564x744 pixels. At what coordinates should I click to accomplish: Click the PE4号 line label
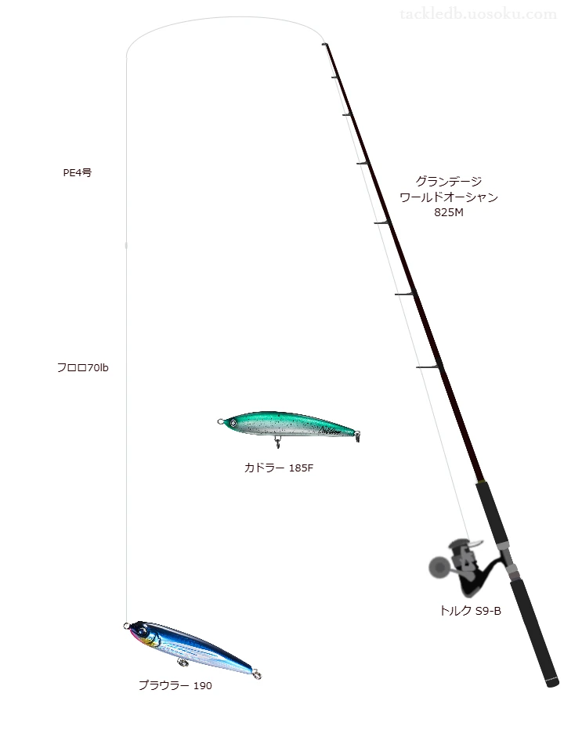coord(78,173)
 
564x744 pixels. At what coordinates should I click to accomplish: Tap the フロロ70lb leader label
coord(82,367)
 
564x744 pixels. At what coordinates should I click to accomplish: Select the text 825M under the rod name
coord(449,212)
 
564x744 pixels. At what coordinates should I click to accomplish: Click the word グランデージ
coord(449,181)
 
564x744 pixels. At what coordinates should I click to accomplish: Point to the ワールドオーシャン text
coord(449,197)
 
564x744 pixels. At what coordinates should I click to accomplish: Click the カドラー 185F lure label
coord(279,468)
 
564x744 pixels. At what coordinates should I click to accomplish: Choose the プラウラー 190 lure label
coord(175,685)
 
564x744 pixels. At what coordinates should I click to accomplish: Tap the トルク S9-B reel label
coord(470,611)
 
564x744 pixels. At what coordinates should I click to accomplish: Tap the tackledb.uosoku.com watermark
coord(478,14)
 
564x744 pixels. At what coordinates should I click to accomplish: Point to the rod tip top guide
coord(325,44)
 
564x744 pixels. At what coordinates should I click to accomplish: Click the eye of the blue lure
coord(141,629)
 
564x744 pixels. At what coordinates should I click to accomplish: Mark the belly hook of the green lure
coord(278,443)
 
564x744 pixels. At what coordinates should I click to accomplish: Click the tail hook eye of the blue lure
coord(257,674)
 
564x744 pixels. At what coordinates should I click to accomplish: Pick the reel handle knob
coord(438,566)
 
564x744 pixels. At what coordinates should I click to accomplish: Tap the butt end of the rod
coord(553,683)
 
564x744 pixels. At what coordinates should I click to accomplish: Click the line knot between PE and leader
coord(126,245)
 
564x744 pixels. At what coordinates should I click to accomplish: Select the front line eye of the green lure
coord(220,421)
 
